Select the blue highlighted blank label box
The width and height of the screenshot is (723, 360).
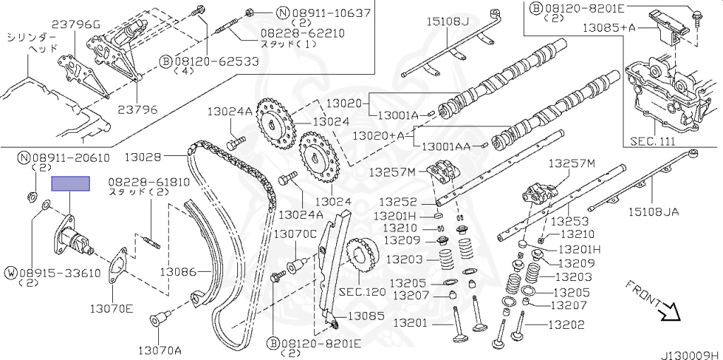pyautogui.click(x=71, y=184)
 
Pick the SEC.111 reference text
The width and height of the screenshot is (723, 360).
pyautogui.click(x=652, y=141)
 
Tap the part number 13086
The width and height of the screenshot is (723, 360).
pyautogui.click(x=177, y=271)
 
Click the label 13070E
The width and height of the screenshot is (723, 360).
pyautogui.click(x=111, y=308)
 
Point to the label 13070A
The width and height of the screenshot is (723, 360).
pyautogui.click(x=159, y=349)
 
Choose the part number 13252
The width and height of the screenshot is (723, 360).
pyautogui.click(x=394, y=202)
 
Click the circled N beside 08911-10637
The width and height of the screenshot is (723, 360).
pyautogui.click(x=263, y=12)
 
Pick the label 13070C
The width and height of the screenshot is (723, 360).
pyautogui.click(x=295, y=234)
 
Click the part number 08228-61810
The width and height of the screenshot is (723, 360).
pyautogui.click(x=149, y=181)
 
